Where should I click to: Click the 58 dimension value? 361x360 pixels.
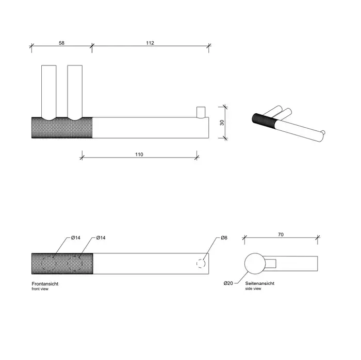click(61, 43)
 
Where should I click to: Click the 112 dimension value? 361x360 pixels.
click(150, 43)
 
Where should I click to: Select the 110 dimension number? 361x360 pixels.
click(139, 155)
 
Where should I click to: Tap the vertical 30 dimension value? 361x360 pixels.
click(222, 123)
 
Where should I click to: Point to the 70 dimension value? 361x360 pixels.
click(281, 235)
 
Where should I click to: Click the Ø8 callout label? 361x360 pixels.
click(224, 238)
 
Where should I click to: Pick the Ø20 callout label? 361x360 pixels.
click(228, 283)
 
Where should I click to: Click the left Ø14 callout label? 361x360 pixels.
click(75, 238)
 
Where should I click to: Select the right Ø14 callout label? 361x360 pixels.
click(101, 238)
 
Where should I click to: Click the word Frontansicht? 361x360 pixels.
click(45, 284)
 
